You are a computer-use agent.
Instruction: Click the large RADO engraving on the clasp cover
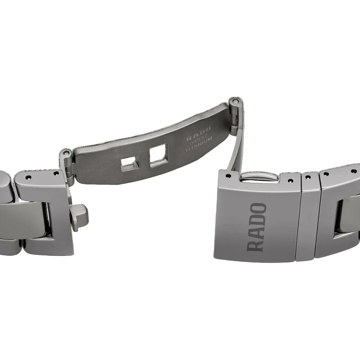point(256,227)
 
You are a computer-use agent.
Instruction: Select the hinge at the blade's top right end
point(235,103)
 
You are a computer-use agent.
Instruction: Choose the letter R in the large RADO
point(256,245)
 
